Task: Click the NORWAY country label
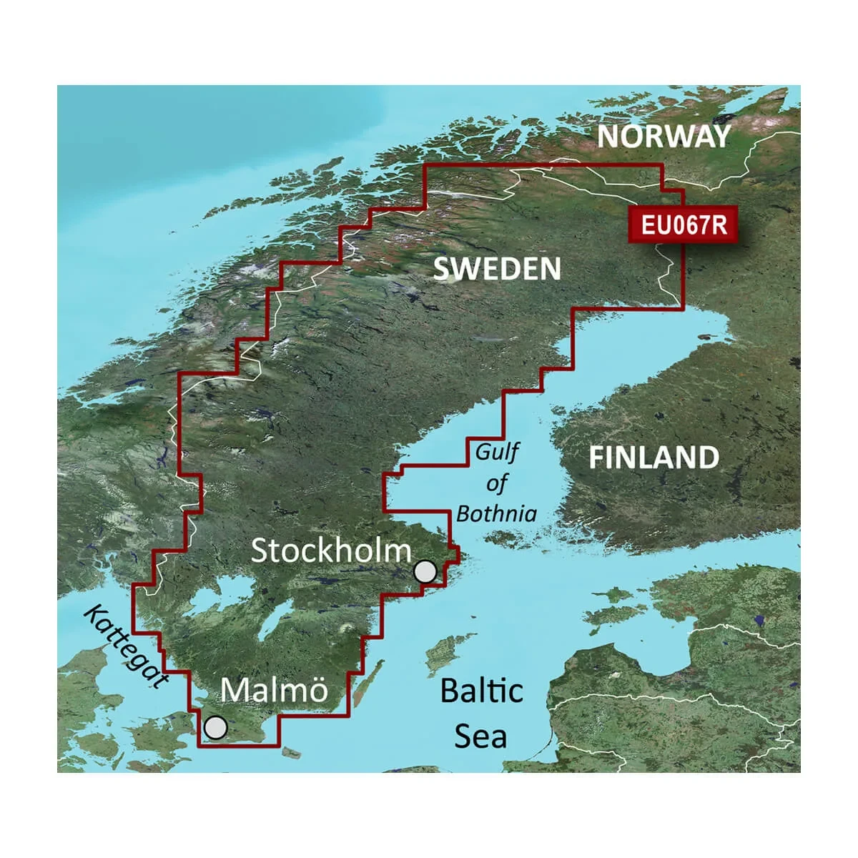tap(664, 136)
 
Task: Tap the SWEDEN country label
tap(497, 269)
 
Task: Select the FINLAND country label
tap(654, 458)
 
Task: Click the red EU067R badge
tap(683, 225)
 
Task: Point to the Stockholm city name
tap(331, 551)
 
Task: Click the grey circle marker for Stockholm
tap(425, 571)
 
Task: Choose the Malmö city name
tap(274, 690)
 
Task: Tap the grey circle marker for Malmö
tap(215, 728)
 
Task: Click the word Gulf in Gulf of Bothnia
tap(498, 452)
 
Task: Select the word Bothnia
tap(496, 513)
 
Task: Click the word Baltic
tap(481, 691)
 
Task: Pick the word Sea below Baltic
tap(480, 736)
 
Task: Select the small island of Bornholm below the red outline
tap(289, 752)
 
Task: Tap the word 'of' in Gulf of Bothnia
tap(495, 483)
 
